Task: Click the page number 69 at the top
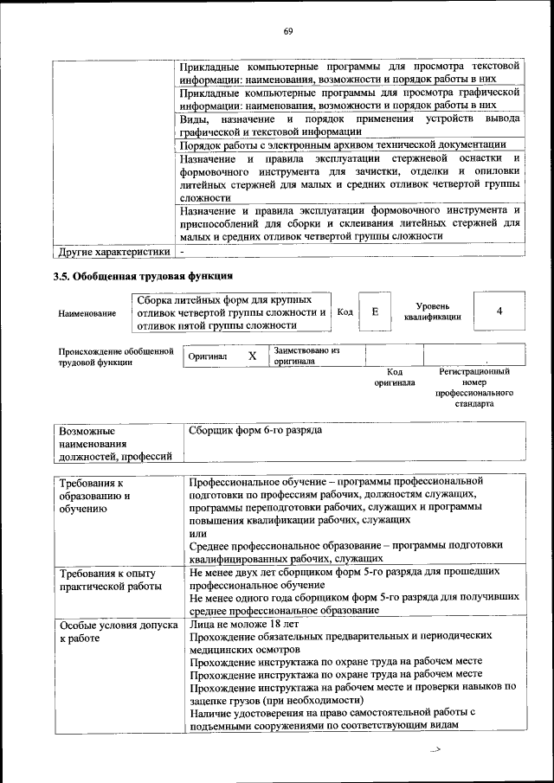pos(288,32)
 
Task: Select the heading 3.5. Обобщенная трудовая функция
pos(143,278)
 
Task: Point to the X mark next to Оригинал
pos(252,356)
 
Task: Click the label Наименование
pos(87,314)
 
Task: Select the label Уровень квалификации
pos(432,311)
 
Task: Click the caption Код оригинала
pos(395,376)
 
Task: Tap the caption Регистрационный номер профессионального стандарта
pos(473,387)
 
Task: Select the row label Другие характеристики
pos(113,252)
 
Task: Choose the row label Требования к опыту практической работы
pos(109,580)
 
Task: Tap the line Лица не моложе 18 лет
pos(243,623)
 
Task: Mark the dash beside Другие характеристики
pos(183,252)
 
